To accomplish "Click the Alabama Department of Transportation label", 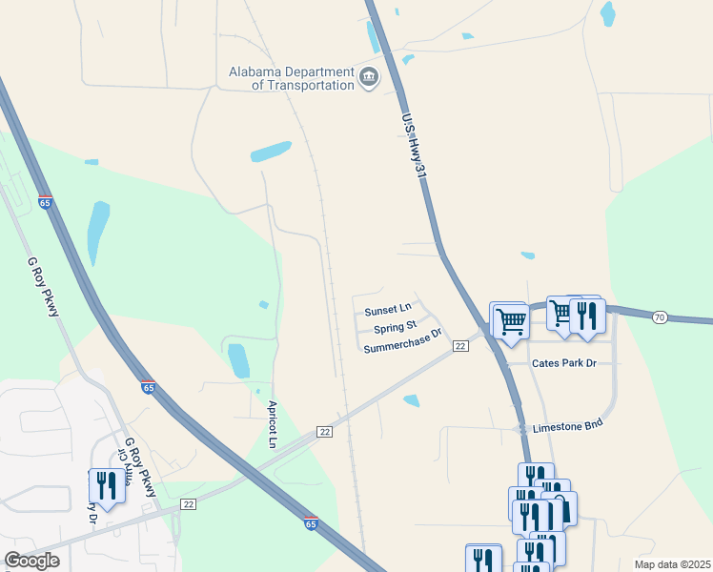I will pyautogui.click(x=291, y=78).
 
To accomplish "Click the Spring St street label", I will pyautogui.click(x=396, y=329).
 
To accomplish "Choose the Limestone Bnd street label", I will pyautogui.click(x=568, y=427).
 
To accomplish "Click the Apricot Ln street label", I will pyautogui.click(x=272, y=424).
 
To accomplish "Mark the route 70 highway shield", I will pyautogui.click(x=660, y=317).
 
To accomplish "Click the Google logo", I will pyautogui.click(x=31, y=561).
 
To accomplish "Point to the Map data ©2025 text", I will pyautogui.click(x=672, y=564).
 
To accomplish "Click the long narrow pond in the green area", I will pyautogui.click(x=97, y=232).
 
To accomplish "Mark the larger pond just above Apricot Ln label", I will pyautogui.click(x=238, y=360).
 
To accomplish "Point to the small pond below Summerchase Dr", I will pyautogui.click(x=411, y=401).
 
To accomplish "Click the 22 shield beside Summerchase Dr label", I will pyautogui.click(x=460, y=346).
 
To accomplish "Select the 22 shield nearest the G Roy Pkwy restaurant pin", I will pyautogui.click(x=188, y=503).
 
